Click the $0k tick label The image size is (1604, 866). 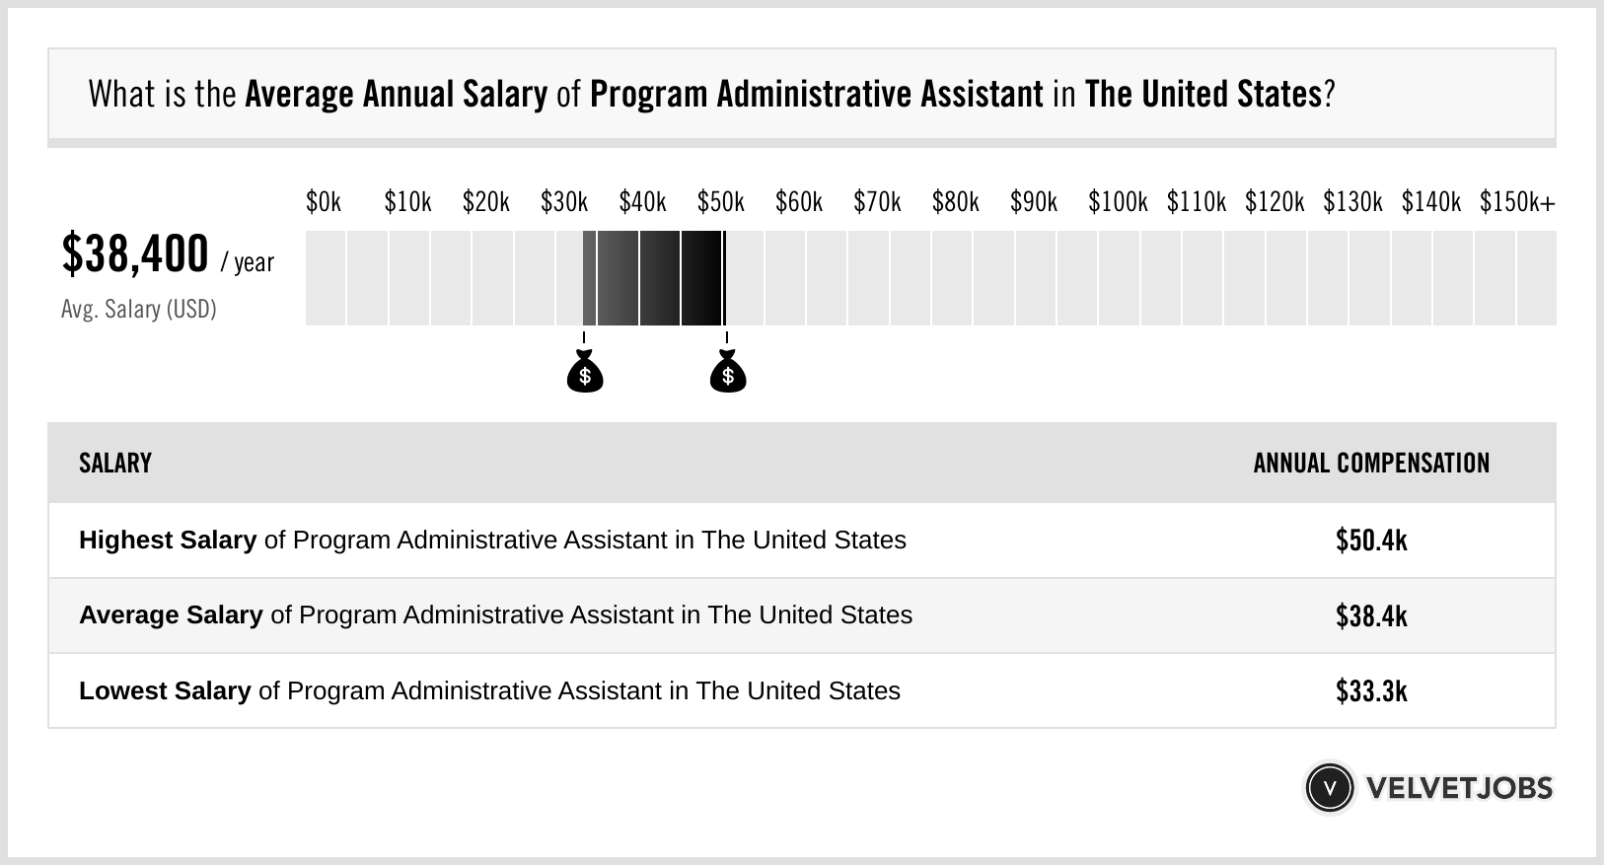coord(323,202)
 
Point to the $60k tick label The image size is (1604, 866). coord(798,202)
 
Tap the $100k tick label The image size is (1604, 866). coord(1117,202)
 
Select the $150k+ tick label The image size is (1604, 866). coord(1516,202)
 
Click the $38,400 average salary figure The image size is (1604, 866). coord(135,254)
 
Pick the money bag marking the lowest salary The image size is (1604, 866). coord(585,373)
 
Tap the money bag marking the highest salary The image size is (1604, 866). coord(728,373)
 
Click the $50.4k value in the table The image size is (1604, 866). coord(1371,541)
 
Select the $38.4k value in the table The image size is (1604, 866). coord(1371,615)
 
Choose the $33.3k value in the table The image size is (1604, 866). coord(1371,690)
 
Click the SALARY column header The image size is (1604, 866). coord(115,464)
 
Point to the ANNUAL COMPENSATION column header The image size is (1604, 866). coord(1371,464)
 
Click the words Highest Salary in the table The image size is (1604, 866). coord(168,541)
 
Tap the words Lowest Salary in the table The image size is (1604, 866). coord(165,690)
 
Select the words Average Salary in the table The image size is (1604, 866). coord(171,615)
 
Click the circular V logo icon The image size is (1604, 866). coord(1329,788)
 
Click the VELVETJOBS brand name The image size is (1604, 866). coord(1459,788)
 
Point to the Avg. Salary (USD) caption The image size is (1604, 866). coord(139,310)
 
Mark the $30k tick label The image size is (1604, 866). coord(563,202)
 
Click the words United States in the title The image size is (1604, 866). coord(1230,94)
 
